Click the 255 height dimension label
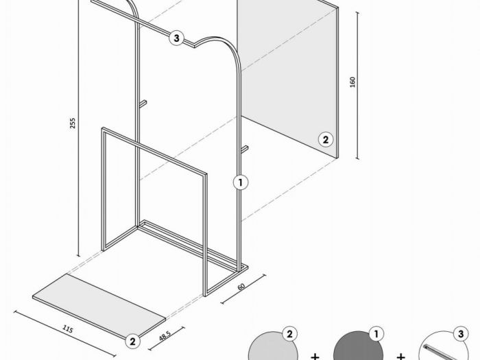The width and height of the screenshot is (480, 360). pyautogui.click(x=72, y=123)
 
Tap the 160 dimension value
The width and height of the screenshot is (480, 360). pyautogui.click(x=352, y=82)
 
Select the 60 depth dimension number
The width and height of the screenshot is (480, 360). pyautogui.click(x=241, y=287)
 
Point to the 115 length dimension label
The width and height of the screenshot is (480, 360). pyautogui.click(x=68, y=329)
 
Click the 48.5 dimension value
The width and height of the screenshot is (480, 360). pyautogui.click(x=165, y=336)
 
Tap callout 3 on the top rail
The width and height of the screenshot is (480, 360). pyautogui.click(x=177, y=38)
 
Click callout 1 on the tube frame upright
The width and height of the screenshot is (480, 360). pyautogui.click(x=241, y=182)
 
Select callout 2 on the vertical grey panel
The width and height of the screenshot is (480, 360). pyautogui.click(x=326, y=140)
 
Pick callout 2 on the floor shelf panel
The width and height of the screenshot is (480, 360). pyautogui.click(x=132, y=341)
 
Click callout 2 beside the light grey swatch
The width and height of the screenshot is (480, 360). pyautogui.click(x=289, y=335)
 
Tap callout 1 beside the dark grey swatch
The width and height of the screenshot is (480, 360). pyautogui.click(x=376, y=335)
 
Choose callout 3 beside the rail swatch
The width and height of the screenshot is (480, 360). pyautogui.click(x=461, y=334)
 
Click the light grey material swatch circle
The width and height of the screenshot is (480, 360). pyautogui.click(x=272, y=348)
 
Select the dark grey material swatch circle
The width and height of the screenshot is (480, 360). pyautogui.click(x=358, y=348)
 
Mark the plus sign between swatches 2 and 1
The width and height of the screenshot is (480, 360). pyautogui.click(x=315, y=357)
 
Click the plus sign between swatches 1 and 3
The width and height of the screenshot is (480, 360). pyautogui.click(x=400, y=357)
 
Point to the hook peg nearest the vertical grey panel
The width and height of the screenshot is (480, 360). pyautogui.click(x=244, y=149)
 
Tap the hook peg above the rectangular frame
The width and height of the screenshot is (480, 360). pyautogui.click(x=143, y=104)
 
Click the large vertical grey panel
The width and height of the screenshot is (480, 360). pyautogui.click(x=288, y=77)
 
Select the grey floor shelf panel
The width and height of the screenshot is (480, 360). pyautogui.click(x=99, y=307)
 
